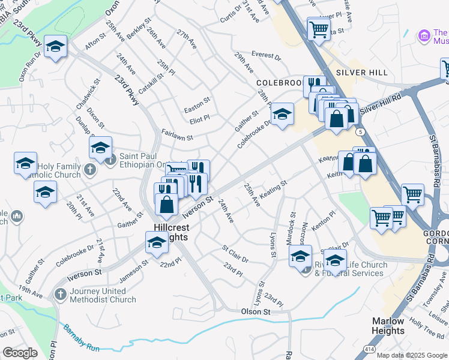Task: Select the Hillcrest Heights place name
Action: tap(170, 232)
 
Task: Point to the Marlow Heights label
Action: tap(388, 326)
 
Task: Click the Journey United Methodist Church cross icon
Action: tap(59, 294)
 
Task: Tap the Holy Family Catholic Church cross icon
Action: tap(90, 169)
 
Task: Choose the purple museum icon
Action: tap(424, 36)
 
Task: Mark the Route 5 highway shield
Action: tap(359, 131)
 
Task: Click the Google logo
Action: tap(20, 352)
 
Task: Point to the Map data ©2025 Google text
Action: tap(412, 355)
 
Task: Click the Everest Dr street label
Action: tap(266, 55)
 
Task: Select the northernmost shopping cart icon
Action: tap(319, 28)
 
